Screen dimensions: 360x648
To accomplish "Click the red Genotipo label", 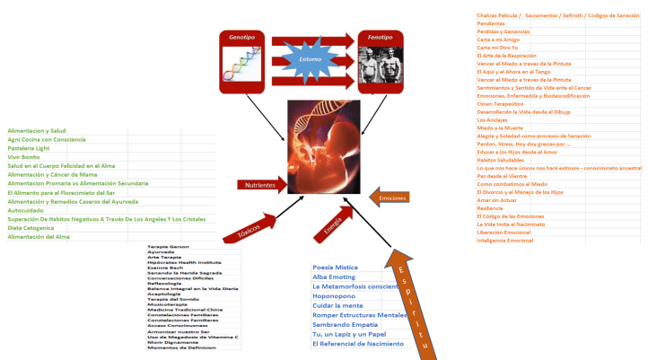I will point(242,38).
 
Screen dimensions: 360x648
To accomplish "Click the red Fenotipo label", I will point(381,38).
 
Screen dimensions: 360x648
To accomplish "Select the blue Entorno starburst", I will point(311,59).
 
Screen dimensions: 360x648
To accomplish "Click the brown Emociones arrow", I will point(391,197).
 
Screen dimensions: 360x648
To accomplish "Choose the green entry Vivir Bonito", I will point(24,157).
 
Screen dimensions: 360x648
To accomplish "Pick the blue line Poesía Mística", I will point(336,268).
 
